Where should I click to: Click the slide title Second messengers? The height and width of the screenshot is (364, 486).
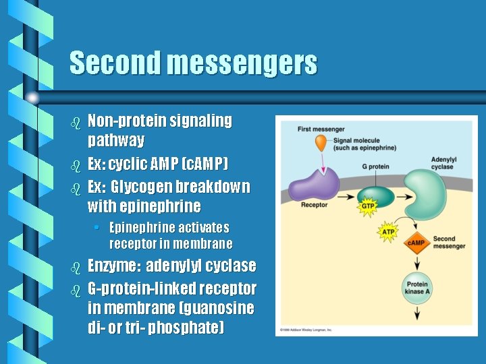(193, 63)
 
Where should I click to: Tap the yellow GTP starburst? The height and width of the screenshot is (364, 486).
(367, 206)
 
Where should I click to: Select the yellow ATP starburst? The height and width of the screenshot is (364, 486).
(387, 233)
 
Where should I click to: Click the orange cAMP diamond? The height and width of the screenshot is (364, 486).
(415, 243)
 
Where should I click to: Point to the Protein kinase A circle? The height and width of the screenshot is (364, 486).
(416, 287)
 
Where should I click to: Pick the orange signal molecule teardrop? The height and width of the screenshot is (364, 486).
(323, 142)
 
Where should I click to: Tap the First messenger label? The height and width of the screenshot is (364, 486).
(321, 129)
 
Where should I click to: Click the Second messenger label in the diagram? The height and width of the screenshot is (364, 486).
(449, 243)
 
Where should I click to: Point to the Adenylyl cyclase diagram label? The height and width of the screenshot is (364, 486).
(443, 163)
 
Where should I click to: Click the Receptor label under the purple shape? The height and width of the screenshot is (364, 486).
(314, 205)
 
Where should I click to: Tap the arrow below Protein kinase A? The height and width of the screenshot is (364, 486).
(416, 311)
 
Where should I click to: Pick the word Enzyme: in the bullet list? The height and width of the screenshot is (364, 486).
(114, 266)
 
